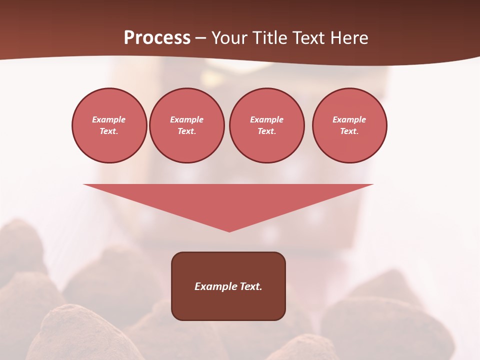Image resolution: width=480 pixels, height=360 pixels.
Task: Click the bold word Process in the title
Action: [157, 38]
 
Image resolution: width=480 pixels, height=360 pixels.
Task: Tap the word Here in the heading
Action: [348, 38]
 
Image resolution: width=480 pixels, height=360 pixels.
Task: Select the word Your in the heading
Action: [230, 38]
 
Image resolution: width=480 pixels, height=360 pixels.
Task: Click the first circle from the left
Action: [109, 125]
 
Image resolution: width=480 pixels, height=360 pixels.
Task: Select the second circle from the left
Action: [186, 125]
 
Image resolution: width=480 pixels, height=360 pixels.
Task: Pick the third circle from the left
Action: [266, 125]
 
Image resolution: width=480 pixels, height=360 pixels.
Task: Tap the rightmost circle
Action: [349, 125]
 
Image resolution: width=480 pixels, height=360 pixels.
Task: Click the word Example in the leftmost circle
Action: [109, 120]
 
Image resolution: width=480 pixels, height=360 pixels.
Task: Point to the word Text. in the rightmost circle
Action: [349, 131]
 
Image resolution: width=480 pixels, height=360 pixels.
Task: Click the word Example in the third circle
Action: [266, 120]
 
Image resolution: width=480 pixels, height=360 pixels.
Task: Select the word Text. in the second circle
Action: [186, 131]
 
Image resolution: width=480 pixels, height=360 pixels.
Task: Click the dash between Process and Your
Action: [200, 38]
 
